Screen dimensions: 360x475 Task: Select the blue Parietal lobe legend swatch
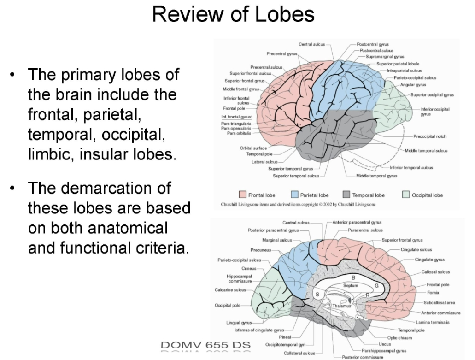pyautogui.click(x=295, y=195)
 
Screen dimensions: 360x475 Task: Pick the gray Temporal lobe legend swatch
pyautogui.click(x=347, y=195)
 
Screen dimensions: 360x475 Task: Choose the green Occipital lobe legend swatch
pyautogui.click(x=406, y=195)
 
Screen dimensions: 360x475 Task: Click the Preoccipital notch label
pyautogui.click(x=429, y=136)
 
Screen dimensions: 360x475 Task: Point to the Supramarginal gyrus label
pyautogui.click(x=385, y=57)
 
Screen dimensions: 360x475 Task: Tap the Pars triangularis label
pyautogui.click(x=236, y=124)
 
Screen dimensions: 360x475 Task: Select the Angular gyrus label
pyautogui.click(x=413, y=85)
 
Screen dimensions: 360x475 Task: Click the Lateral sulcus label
pyautogui.click(x=264, y=162)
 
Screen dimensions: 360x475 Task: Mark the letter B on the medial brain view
pyautogui.click(x=353, y=277)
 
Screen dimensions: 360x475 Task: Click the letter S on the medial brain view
pyautogui.click(x=317, y=294)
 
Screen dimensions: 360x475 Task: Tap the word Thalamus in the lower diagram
pyautogui.click(x=342, y=306)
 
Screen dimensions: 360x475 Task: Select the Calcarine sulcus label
pyautogui.click(x=230, y=289)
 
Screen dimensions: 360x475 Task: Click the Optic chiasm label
pyautogui.click(x=399, y=337)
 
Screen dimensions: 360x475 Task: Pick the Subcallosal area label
pyautogui.click(x=439, y=302)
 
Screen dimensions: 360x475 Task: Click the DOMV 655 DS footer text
pyautogui.click(x=205, y=345)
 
